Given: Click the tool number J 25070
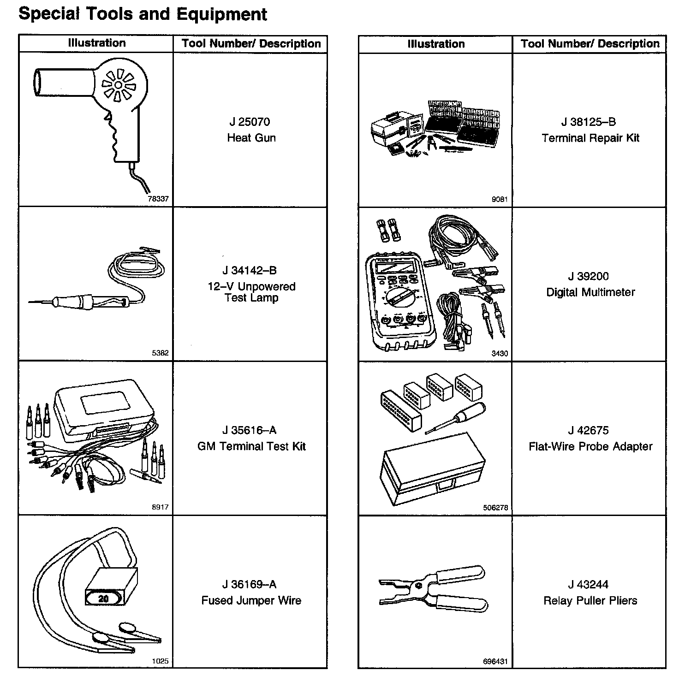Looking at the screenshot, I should coord(250,122).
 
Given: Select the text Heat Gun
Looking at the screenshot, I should coord(251,138).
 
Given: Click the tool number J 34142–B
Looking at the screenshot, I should coord(250,271).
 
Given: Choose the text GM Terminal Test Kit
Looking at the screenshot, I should coord(251,446).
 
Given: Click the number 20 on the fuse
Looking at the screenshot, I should coord(103,599).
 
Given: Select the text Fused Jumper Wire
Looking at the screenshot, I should coord(251,600).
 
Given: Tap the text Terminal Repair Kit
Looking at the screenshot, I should coord(590,138).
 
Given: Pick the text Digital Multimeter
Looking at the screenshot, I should coord(590,292).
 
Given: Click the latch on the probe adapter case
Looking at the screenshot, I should coord(447,484).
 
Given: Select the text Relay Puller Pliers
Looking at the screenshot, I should coord(590,600).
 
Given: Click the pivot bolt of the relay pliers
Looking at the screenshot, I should coord(419,586).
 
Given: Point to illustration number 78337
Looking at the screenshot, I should coord(158,199).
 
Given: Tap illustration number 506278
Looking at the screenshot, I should coord(495,508).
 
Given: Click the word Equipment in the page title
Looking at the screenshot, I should coord(222,14).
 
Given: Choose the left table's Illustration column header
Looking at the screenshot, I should coord(96,43).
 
